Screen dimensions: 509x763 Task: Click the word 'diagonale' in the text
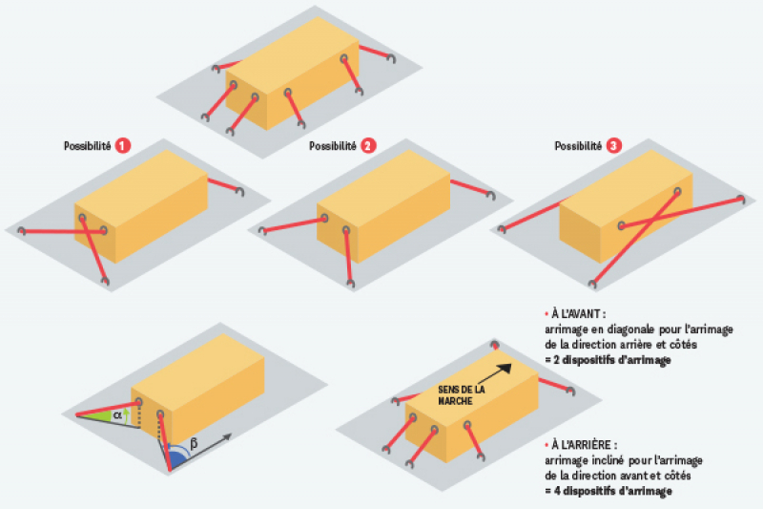coord(609,329)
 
